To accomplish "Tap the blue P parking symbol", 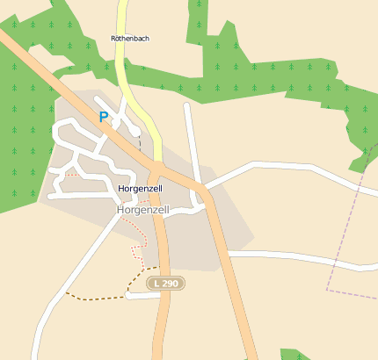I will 103,117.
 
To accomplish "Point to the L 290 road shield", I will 164,284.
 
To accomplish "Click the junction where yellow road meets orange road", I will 156,166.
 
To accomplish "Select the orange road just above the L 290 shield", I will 163,246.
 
